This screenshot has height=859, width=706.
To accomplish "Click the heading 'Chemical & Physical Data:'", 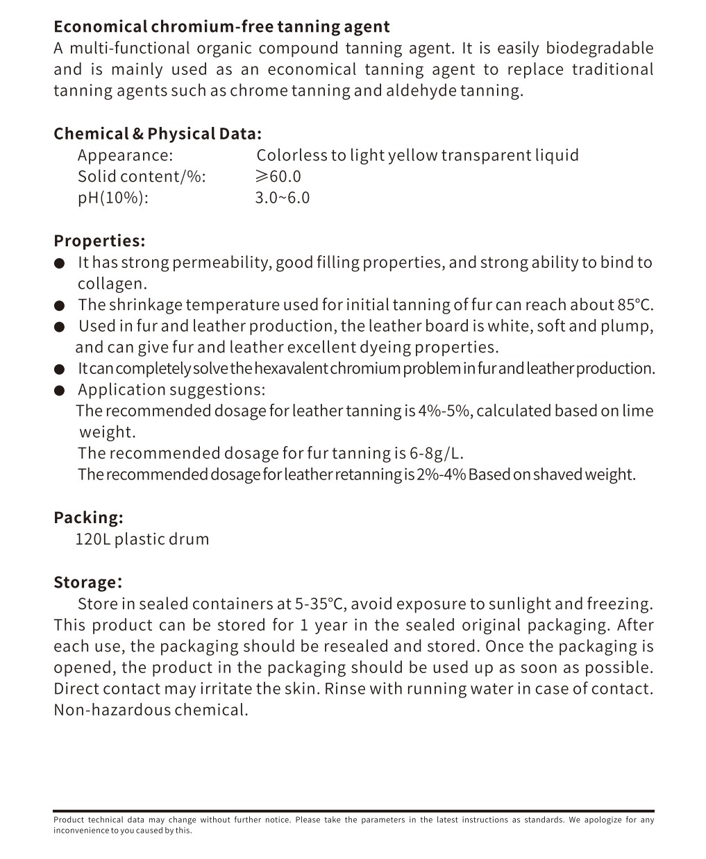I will coord(158,134).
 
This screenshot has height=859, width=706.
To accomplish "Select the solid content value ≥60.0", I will coord(278,176).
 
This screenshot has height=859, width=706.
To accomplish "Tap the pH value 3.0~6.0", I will coord(282,198).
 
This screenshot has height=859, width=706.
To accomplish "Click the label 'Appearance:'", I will coord(125,155).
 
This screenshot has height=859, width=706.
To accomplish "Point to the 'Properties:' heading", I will coord(99,241).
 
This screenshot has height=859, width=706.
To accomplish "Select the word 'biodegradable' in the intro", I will coord(599,49).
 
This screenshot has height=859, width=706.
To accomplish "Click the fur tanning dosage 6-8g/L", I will coord(436,454).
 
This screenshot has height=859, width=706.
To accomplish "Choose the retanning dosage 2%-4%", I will coord(441,475).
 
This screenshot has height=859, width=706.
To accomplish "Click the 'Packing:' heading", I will coord(88,518).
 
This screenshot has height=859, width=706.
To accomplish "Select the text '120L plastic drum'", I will coord(142,539).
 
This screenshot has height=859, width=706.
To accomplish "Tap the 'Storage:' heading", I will coord(87,582).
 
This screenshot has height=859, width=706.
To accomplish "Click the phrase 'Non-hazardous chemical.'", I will coord(151,710).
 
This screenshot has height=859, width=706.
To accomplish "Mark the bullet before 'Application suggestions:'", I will coord(60,391).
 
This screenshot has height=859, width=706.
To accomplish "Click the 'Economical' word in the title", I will coord(100,27).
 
